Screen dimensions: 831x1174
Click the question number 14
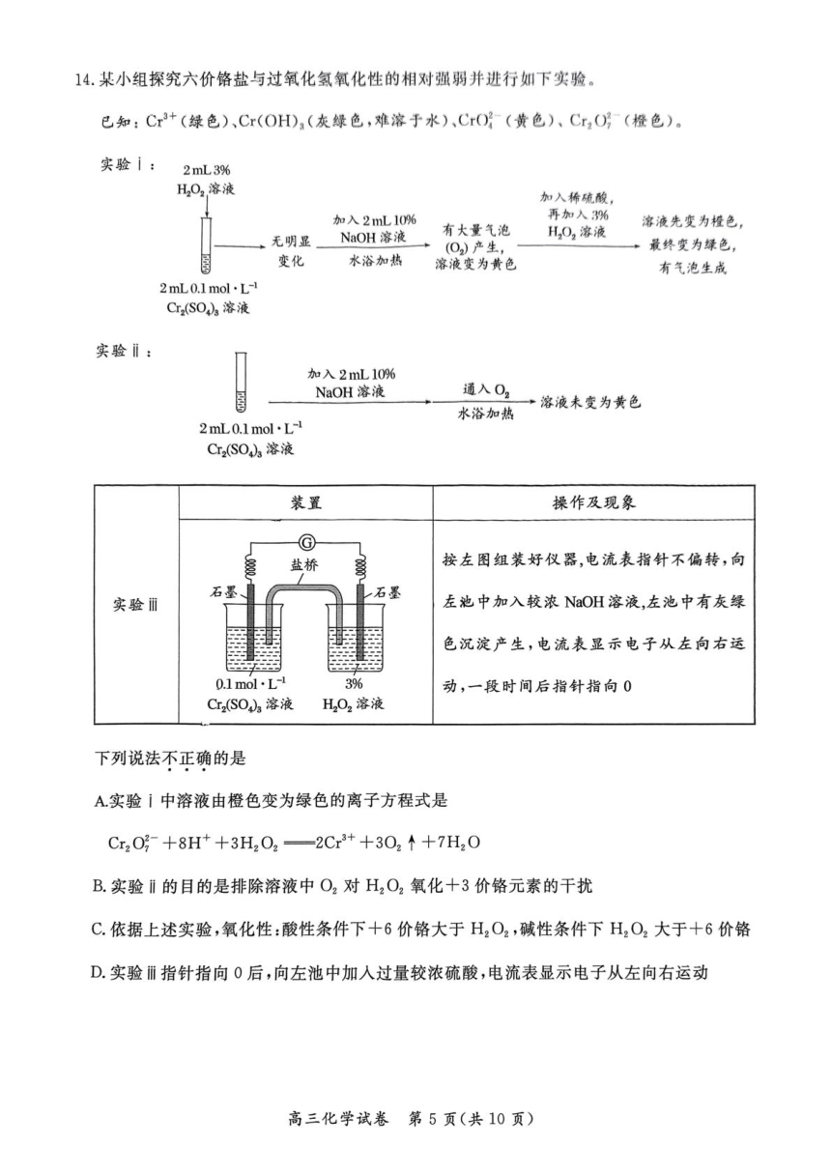[84, 81]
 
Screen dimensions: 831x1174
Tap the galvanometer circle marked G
[305, 541]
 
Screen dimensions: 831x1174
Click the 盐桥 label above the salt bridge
[304, 565]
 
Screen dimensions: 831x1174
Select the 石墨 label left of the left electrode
[223, 592]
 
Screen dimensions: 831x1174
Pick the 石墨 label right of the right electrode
[387, 592]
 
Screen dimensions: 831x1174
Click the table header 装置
[306, 503]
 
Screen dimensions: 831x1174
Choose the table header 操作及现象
[593, 503]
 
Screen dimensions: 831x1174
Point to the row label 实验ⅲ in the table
[135, 605]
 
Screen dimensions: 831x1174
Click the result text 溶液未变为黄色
[590, 402]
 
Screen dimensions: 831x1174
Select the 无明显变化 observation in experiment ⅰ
[291, 251]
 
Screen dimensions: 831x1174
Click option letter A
[100, 801]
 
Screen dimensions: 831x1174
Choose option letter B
[99, 886]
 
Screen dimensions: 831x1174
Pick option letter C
[98, 930]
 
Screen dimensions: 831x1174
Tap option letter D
[98, 973]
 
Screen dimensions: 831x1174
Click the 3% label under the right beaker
[354, 683]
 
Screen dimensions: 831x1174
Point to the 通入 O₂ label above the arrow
[486, 390]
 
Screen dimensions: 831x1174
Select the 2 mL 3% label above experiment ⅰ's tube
[207, 170]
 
